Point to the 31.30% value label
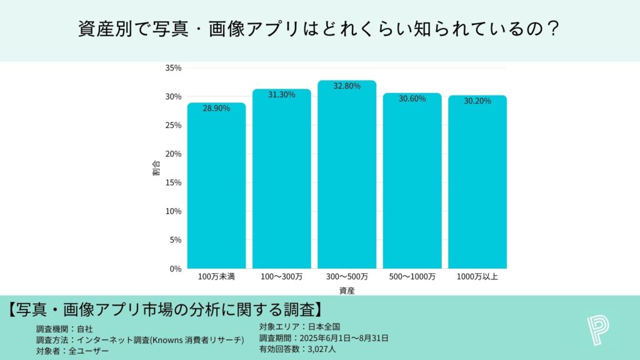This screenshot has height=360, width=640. click(x=281, y=94)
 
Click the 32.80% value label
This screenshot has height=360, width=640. click(x=347, y=86)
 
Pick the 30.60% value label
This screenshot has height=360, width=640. click(x=412, y=99)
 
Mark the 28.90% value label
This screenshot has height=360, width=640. click(x=216, y=108)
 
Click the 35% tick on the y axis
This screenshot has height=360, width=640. click(x=173, y=67)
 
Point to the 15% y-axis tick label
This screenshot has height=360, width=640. click(x=173, y=182)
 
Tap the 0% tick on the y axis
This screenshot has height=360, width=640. click(x=175, y=269)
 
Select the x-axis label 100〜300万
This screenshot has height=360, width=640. click(x=281, y=276)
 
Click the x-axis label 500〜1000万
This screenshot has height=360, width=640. click(x=412, y=276)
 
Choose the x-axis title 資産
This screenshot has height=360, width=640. click(x=347, y=291)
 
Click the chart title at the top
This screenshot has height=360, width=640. click(x=319, y=29)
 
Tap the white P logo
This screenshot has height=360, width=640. click(x=598, y=330)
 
